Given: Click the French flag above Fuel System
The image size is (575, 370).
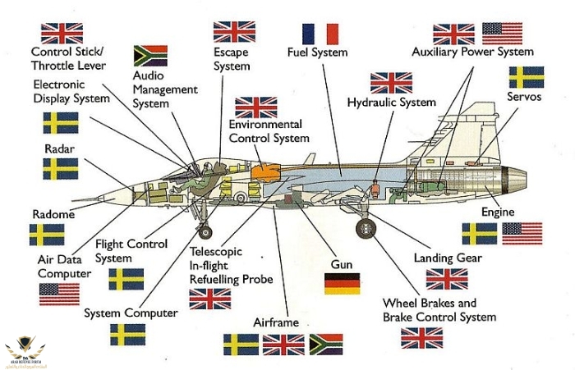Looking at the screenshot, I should (320, 34).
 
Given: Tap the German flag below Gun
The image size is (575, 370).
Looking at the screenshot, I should (342, 284).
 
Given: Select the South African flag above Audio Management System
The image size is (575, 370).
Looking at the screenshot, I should (150, 56).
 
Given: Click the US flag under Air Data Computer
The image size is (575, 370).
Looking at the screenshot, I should (59, 294).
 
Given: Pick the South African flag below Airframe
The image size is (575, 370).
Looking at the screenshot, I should (325, 344).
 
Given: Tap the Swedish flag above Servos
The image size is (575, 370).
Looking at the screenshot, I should (526, 77).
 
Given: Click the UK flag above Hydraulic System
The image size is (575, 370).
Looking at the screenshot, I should (391, 83).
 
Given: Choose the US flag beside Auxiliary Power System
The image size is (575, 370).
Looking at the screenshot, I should (502, 33).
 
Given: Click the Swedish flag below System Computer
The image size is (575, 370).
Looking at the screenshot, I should (128, 334).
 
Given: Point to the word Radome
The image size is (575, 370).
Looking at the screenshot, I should (53, 214).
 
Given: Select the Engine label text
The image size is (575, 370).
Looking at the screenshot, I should (498, 212).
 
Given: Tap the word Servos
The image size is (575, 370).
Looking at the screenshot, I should (524, 97).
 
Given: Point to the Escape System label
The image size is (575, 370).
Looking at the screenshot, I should (232, 59).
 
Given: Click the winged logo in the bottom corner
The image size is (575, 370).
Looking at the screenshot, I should (25, 349).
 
